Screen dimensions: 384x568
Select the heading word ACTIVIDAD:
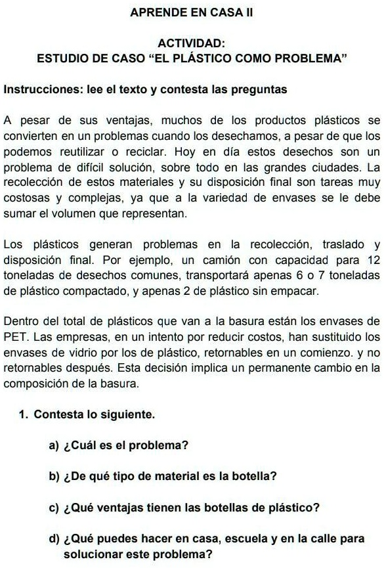[192, 44]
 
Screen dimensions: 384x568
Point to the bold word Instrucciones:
[38, 89]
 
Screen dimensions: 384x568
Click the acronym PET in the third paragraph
[16, 337]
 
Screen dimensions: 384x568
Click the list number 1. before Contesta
[24, 415]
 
